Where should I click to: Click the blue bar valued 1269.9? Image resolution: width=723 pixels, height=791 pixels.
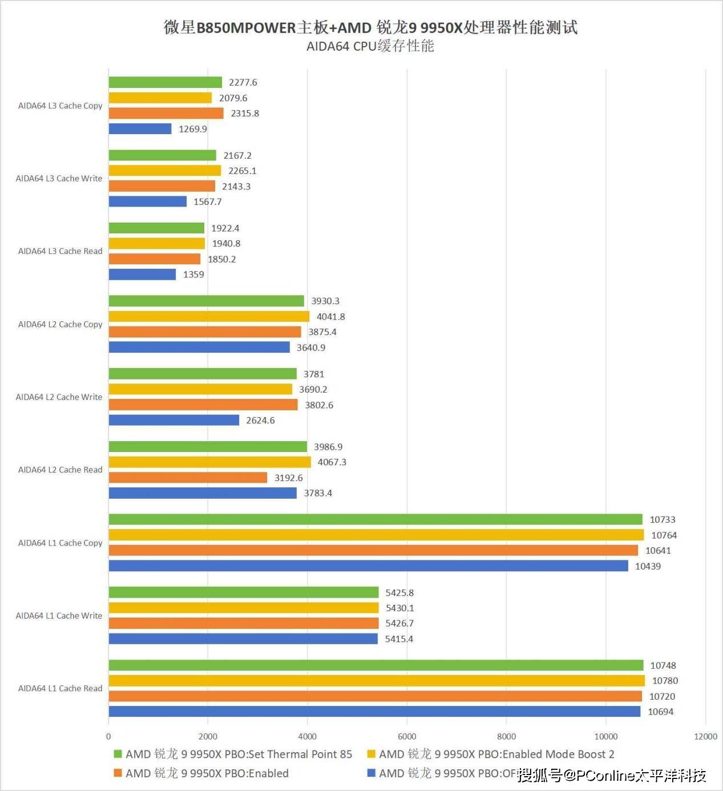pyautogui.click(x=140, y=129)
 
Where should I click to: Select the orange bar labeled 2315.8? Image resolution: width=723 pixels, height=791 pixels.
pyautogui.click(x=166, y=114)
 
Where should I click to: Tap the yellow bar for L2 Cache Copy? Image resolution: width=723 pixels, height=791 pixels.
pyautogui.click(x=209, y=317)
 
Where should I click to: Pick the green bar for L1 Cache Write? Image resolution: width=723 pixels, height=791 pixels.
pyautogui.click(x=244, y=592)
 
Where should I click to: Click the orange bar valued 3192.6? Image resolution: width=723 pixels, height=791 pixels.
pyautogui.click(x=188, y=478)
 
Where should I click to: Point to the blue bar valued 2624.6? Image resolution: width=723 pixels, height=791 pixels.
pyautogui.click(x=174, y=420)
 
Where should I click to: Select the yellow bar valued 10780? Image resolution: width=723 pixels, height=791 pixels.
pyautogui.click(x=377, y=681)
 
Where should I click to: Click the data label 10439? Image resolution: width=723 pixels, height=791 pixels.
pyautogui.click(x=648, y=566)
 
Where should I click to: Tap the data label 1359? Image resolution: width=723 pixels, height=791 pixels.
pyautogui.click(x=193, y=275)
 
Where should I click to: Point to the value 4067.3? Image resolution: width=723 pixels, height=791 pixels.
pyautogui.click(x=332, y=462)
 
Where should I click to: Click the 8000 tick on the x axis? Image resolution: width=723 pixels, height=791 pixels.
pyautogui.click(x=506, y=736)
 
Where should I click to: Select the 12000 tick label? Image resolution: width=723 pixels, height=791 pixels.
pyautogui.click(x=705, y=736)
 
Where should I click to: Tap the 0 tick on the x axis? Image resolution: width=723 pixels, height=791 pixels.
pyautogui.click(x=108, y=736)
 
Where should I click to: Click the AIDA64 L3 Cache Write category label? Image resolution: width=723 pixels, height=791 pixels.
pyautogui.click(x=59, y=179)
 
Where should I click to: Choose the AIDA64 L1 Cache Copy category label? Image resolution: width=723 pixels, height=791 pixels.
pyautogui.click(x=60, y=543)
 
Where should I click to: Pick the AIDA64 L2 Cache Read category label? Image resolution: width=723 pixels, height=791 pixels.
pyautogui.click(x=60, y=470)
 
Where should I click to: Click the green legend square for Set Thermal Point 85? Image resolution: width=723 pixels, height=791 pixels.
pyautogui.click(x=118, y=754)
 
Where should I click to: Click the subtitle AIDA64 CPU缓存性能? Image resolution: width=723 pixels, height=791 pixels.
pyautogui.click(x=370, y=46)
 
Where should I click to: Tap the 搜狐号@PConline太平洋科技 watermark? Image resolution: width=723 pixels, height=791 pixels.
pyautogui.click(x=612, y=775)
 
